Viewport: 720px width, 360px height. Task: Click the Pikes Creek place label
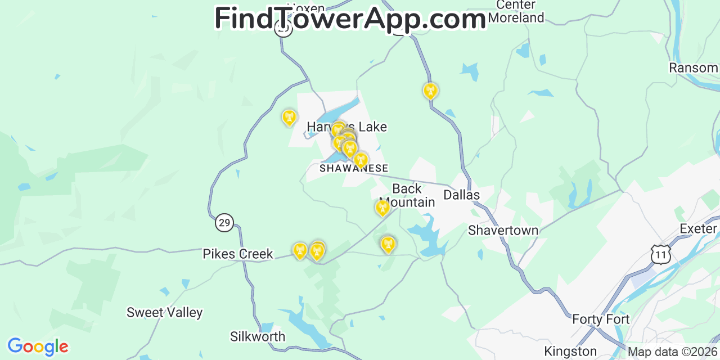coord(237,254)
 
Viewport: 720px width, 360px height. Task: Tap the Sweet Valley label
coord(164,313)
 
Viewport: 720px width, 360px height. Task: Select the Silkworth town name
coord(258,337)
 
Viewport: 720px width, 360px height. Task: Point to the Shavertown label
coord(503,231)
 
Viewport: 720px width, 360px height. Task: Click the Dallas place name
coord(461,195)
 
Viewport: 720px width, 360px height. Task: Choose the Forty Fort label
coord(601,319)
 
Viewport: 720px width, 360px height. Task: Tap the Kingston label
coord(570,352)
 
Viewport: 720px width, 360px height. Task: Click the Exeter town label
coord(698,229)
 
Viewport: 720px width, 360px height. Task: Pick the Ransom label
coord(693,68)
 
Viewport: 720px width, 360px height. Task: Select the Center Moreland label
coord(516,11)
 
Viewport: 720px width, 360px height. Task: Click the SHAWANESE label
coord(354,168)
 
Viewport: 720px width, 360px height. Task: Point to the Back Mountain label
coord(407,195)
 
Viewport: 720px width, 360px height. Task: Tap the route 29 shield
coord(224,223)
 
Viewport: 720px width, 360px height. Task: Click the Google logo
coord(38,346)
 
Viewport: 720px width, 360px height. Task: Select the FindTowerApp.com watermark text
coord(350,19)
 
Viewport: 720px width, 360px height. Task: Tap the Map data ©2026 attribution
coord(673,353)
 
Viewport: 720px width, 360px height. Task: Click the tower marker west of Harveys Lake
coord(289,117)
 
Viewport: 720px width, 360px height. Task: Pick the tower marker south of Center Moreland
coord(430,90)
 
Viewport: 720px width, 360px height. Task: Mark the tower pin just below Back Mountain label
coord(382,208)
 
